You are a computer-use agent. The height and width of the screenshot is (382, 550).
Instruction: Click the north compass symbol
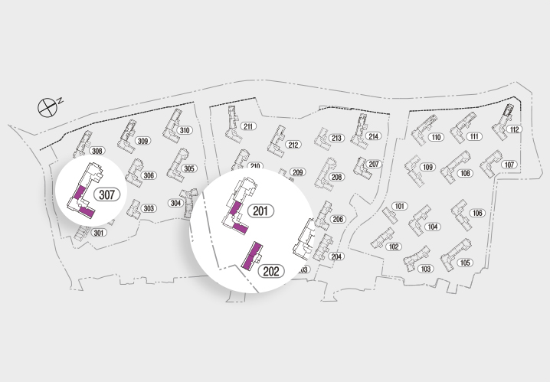click(48, 106)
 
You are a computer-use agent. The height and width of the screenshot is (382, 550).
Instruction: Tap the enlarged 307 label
click(106, 194)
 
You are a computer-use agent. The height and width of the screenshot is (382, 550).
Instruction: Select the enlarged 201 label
click(262, 211)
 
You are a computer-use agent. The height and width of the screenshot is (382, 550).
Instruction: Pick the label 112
click(514, 129)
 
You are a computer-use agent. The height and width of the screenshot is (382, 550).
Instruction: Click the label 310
click(184, 130)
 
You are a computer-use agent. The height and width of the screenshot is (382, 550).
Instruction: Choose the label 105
click(465, 263)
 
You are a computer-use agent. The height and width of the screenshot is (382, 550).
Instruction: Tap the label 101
click(399, 207)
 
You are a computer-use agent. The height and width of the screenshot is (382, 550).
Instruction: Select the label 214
click(373, 136)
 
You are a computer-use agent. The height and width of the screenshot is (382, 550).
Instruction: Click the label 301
click(98, 233)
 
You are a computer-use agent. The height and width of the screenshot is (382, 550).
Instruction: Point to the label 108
click(465, 174)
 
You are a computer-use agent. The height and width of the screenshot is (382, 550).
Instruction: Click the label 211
click(248, 126)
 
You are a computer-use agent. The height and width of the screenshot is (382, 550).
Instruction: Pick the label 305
click(189, 168)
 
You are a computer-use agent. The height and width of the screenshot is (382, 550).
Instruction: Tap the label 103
click(427, 269)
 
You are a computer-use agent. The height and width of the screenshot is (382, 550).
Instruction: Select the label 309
click(142, 141)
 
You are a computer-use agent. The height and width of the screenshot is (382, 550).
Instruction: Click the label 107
click(509, 165)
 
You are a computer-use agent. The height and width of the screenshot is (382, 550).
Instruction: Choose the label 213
click(336, 138)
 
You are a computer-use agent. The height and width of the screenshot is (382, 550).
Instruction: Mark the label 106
click(478, 213)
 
